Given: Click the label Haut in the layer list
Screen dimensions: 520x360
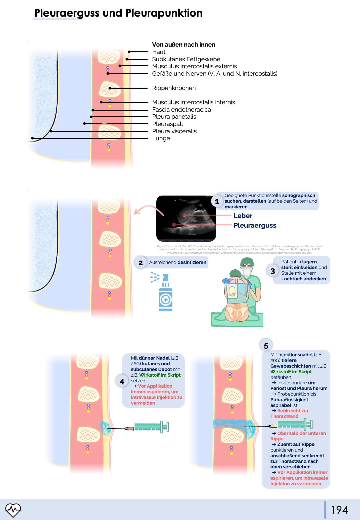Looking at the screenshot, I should pos(159,52).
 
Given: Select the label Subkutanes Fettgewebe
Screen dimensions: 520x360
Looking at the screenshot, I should pos(186,59).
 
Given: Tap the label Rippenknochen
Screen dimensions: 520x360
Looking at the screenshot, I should pos(174,88).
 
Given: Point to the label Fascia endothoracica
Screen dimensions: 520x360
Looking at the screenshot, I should pos(181,110).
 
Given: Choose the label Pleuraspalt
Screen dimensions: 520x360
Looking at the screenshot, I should pos(167,124).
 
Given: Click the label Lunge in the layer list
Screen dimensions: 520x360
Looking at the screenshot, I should pos(161,138).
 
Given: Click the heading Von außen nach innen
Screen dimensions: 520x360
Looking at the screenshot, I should pos(183,45).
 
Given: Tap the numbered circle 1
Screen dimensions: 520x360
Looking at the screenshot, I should pos(217,201).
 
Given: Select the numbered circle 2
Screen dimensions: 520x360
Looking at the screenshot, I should pos(141,263).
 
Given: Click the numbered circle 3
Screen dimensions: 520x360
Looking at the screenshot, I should pos(273,271).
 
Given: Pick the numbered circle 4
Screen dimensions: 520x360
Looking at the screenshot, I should pos(122,381).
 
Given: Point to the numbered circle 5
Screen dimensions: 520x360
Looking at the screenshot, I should pos(266,346).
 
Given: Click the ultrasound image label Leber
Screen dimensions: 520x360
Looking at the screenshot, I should pos(243,216).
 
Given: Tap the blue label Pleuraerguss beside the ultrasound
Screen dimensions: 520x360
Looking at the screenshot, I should pos(255,225).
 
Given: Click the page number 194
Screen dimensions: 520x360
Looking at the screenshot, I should pos(339,510).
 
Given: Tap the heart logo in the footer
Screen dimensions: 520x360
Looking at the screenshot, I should pos(13,510).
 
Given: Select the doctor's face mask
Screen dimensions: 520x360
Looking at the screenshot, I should pos(247,272).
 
